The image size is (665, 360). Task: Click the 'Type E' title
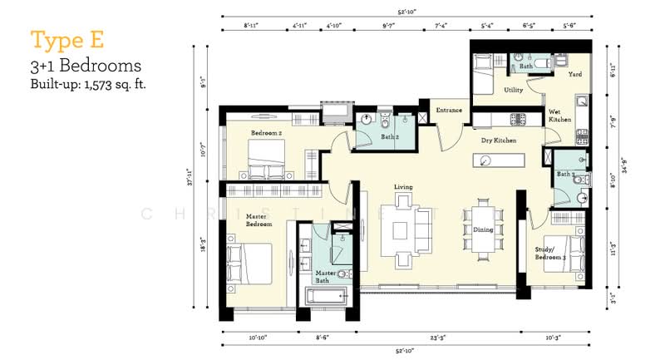[x=62, y=39]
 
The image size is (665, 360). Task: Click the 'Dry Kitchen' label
[x=499, y=141]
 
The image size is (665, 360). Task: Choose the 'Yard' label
[x=574, y=74]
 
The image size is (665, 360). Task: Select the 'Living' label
[x=403, y=186]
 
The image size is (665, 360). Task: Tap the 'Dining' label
[x=483, y=229]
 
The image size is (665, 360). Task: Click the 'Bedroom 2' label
[x=268, y=132]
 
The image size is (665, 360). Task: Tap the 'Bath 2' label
[x=390, y=136]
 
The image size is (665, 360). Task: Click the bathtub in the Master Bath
[x=325, y=296]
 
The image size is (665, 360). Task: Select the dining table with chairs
[x=483, y=227]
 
